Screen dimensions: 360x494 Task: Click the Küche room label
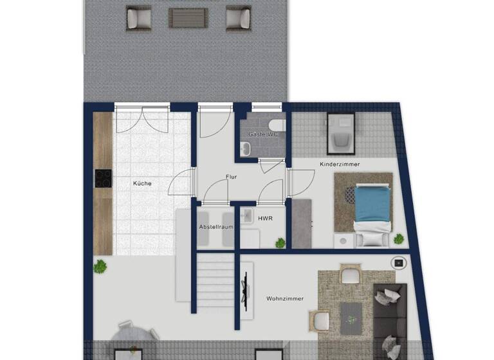(142, 183)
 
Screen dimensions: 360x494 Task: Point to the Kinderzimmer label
(340, 165)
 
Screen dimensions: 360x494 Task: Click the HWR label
(264, 219)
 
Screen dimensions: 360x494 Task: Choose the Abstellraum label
(215, 227)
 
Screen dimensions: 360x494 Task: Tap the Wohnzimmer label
(284, 298)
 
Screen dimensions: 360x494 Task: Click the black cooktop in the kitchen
(103, 178)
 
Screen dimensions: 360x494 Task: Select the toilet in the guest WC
(275, 125)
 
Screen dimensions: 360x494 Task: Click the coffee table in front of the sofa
(352, 314)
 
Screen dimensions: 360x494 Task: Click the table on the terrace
(188, 17)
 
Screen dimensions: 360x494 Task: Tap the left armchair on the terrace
(138, 18)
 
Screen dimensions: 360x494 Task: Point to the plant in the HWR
(280, 243)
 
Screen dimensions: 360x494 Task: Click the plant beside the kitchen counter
(100, 265)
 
